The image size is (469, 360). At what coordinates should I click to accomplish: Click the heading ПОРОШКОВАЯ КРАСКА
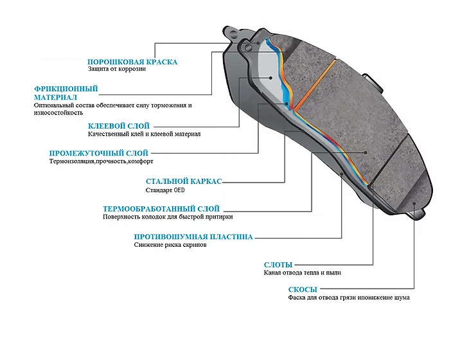coord(132,62)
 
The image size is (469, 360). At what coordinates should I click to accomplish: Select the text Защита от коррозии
coord(116,69)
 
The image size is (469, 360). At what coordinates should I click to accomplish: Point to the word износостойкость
coord(58,113)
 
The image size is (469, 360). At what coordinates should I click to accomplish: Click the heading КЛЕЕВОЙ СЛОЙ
coord(119,126)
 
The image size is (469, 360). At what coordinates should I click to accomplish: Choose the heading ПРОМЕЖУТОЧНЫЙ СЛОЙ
coord(99,154)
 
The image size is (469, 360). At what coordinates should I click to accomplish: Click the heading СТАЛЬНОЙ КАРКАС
coord(184,182)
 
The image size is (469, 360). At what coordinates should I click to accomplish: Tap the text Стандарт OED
coord(166,190)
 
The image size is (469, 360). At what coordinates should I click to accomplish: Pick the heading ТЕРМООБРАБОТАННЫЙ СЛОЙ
coord(161,209)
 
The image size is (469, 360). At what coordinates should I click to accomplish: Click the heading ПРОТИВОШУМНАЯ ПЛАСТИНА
coord(193,237)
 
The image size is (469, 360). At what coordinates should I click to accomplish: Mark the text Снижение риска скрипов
coord(170,245)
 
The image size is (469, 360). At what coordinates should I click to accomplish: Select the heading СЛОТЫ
coord(278,265)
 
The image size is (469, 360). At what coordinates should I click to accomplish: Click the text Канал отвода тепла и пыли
coord(302,273)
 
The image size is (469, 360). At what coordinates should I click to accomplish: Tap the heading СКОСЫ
coord(302,290)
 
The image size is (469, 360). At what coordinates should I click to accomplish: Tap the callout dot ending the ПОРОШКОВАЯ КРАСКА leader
coord(259,42)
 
